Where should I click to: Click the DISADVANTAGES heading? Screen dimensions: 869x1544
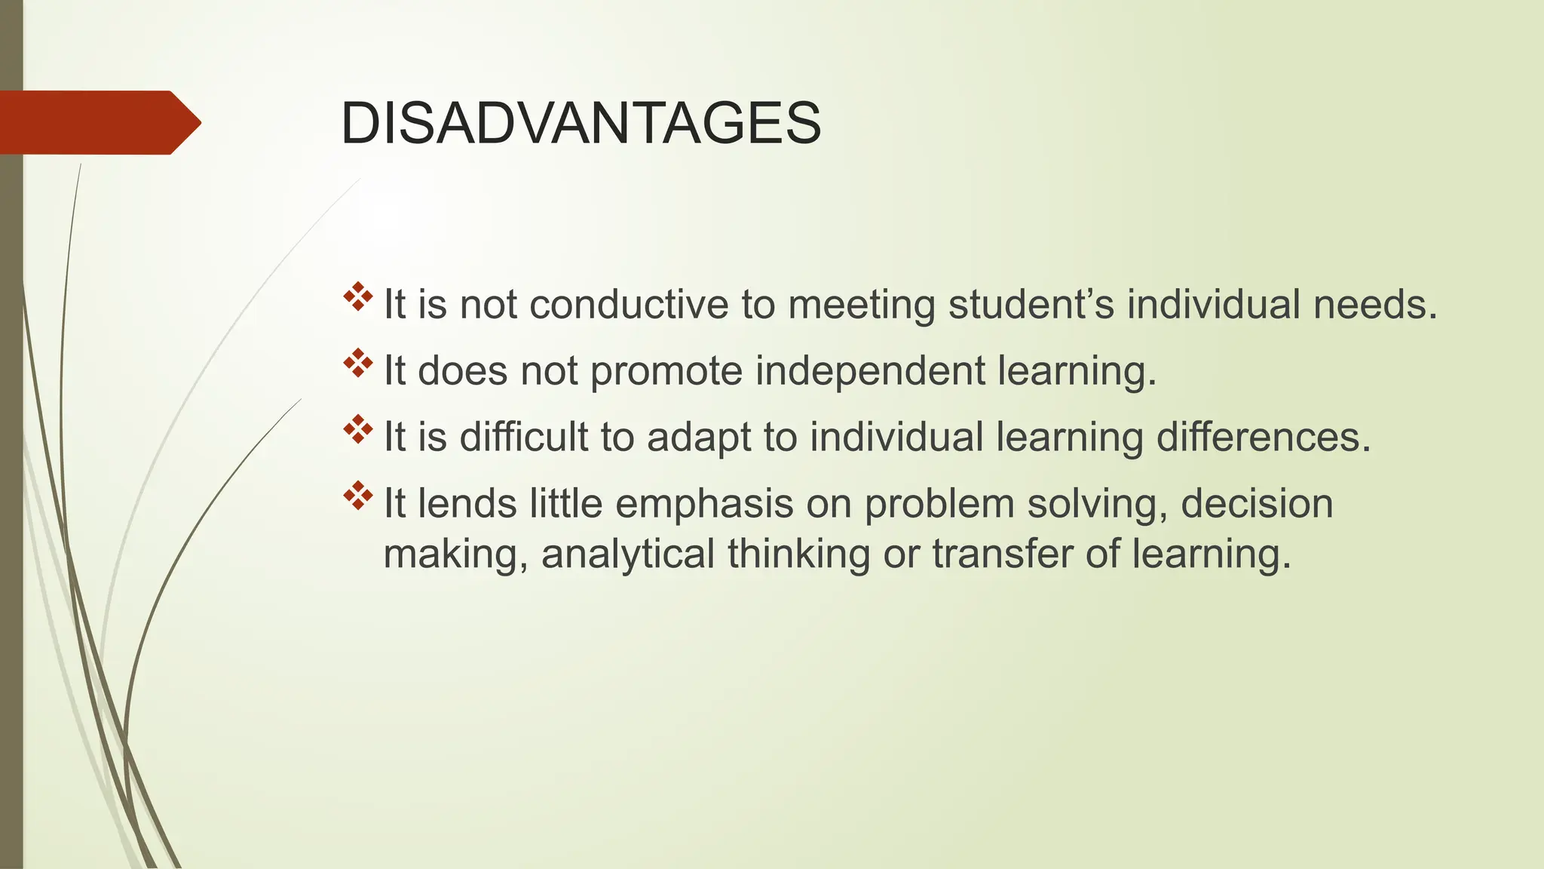[x=581, y=123]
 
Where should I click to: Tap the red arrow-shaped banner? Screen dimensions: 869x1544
[x=98, y=122]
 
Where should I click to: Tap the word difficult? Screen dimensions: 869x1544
[x=524, y=438]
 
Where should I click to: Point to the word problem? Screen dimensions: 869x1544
[x=939, y=504]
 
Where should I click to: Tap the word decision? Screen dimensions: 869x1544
[x=1257, y=504]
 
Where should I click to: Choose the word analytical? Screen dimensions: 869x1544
[x=627, y=554]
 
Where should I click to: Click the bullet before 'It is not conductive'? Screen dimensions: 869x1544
[x=358, y=297]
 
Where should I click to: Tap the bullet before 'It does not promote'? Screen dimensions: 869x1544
[x=358, y=364]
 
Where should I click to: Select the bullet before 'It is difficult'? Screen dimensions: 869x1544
[x=358, y=430]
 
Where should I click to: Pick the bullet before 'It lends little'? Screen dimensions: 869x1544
[x=358, y=496]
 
